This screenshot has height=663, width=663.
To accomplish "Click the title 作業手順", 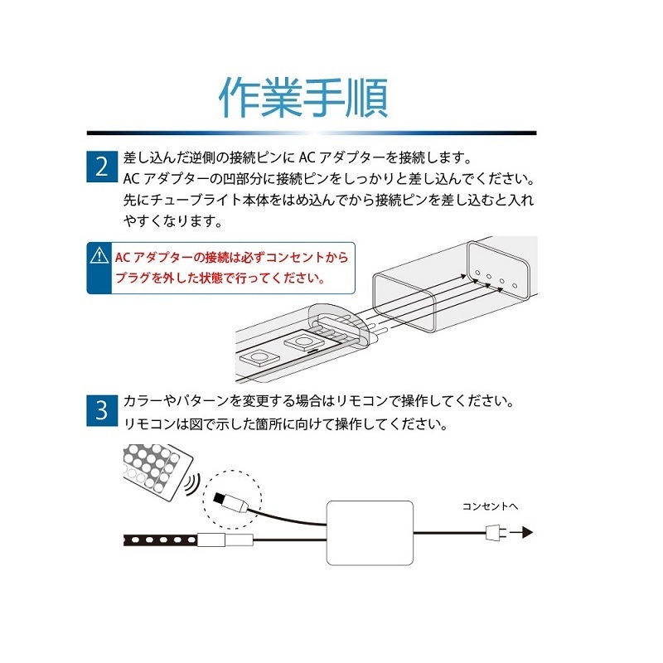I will [x=303, y=99].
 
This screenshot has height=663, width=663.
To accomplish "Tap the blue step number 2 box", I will [x=101, y=166].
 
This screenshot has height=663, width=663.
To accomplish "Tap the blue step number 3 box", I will [x=101, y=409].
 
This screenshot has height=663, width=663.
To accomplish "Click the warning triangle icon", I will [x=100, y=257].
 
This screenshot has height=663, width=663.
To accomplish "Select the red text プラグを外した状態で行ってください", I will [x=219, y=279].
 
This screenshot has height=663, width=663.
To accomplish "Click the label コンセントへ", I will [x=490, y=505].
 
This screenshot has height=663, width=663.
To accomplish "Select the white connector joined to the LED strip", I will [x=225, y=541].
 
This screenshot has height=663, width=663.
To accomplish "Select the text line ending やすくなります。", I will [x=173, y=221].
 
